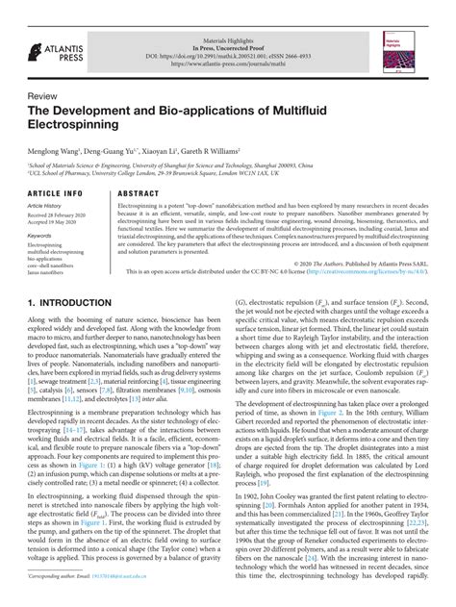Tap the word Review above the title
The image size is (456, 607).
(x=43, y=97)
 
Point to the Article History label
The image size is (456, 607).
(x=45, y=205)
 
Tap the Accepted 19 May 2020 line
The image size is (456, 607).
(x=51, y=222)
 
